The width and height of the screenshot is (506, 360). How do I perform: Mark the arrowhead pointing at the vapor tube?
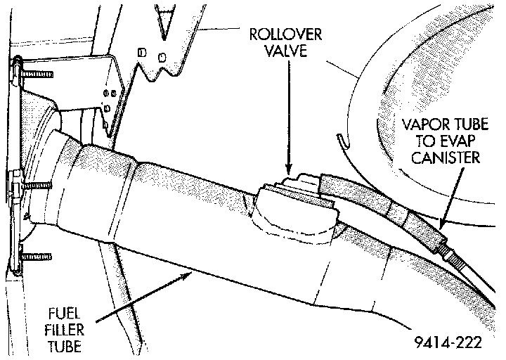coord(444,224)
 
